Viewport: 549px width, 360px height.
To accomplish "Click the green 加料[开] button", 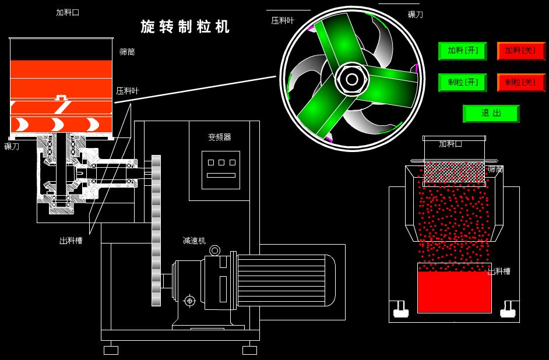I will click(462, 51).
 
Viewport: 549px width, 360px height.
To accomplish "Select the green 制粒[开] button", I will click(462, 82).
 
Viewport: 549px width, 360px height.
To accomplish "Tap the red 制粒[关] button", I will click(520, 82).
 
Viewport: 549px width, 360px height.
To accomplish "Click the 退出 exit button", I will click(491, 114).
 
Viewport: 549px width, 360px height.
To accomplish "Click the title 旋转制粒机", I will click(185, 27).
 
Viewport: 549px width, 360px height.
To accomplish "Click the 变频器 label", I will click(220, 137).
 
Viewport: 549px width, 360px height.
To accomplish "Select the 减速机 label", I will click(194, 241).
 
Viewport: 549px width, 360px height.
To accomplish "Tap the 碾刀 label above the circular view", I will click(416, 15).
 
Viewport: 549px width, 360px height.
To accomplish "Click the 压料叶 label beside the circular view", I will click(283, 20).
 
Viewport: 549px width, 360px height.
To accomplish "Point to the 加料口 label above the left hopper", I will click(68, 12).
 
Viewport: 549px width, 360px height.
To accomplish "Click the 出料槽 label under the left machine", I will click(71, 240).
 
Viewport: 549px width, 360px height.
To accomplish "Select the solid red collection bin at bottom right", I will click(455, 288).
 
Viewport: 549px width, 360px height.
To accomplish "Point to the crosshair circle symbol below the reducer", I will click(189, 301).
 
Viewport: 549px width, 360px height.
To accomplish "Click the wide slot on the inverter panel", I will click(221, 175).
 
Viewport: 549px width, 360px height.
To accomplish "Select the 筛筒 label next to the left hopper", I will click(127, 52).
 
